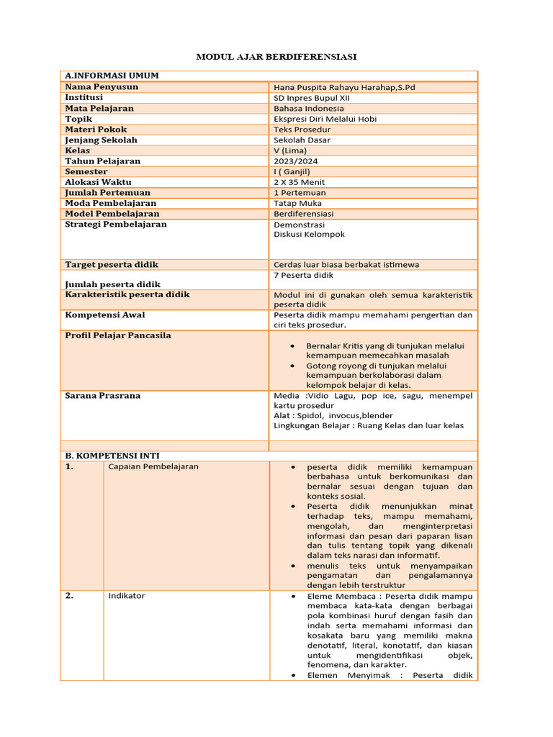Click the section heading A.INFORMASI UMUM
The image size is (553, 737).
click(112, 76)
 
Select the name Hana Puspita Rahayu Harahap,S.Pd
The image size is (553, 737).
click(344, 87)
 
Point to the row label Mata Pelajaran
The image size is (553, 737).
click(99, 108)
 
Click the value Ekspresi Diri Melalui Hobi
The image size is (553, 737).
click(325, 119)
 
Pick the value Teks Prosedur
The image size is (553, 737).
click(302, 130)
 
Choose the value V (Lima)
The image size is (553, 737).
click(290, 150)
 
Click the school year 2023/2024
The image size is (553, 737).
click(295, 161)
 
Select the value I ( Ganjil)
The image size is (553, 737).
click(292, 171)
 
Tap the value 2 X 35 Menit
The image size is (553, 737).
click(300, 182)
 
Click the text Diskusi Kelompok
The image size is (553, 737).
click(309, 235)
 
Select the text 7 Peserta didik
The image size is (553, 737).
click(303, 275)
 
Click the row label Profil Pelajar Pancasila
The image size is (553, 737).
click(118, 335)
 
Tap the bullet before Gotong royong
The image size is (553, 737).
click(292, 366)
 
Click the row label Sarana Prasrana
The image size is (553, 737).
click(102, 396)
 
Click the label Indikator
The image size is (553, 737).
click(126, 596)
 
